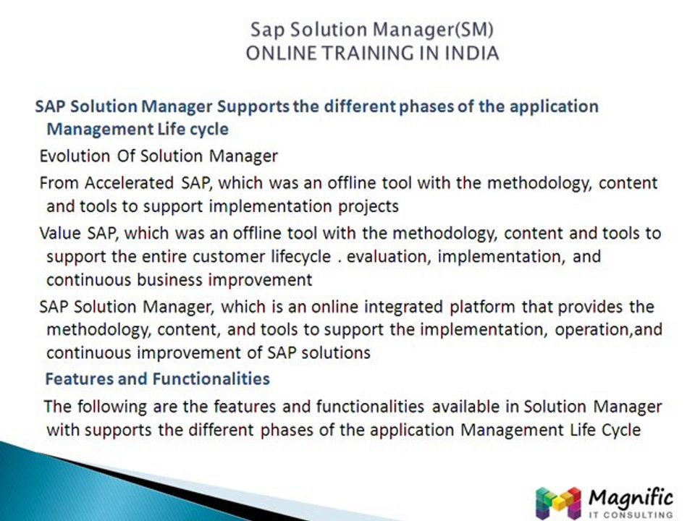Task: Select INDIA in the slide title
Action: (471, 53)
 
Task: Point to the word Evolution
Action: (75, 156)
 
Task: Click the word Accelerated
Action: (129, 183)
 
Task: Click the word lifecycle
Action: (301, 257)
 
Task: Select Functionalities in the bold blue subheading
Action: (211, 379)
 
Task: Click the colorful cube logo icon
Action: (558, 504)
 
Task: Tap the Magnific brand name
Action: (631, 499)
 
